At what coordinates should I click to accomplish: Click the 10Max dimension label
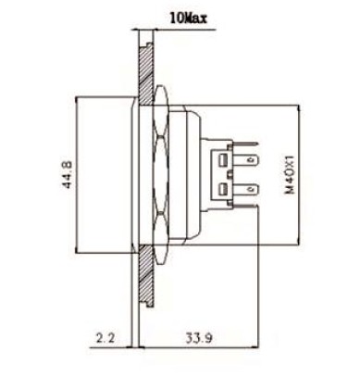188,19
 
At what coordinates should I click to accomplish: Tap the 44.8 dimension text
68,174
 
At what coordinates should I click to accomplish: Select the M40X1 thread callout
290,175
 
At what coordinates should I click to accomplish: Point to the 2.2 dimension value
106,338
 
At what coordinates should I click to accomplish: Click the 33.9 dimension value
199,338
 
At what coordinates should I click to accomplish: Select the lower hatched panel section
145,276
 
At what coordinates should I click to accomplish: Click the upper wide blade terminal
244,160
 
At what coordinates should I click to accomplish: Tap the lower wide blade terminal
244,188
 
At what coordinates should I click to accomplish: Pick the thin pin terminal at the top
244,143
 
